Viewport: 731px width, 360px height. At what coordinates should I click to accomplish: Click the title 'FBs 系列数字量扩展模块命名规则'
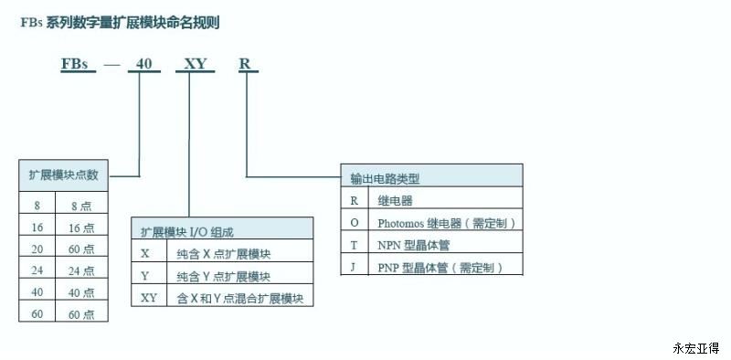pos(120,22)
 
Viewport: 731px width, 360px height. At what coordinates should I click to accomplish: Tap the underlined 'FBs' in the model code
pos(75,64)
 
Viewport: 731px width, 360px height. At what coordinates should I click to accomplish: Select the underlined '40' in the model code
pos(143,64)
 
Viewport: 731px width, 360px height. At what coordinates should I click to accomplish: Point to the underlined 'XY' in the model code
pos(196,64)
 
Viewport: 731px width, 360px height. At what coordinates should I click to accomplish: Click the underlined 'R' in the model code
pos(245,64)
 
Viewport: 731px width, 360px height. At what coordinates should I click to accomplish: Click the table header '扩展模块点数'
pos(63,175)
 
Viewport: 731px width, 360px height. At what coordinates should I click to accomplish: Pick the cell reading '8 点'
pos(81,206)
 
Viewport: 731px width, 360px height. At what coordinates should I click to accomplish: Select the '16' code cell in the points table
pos(37,228)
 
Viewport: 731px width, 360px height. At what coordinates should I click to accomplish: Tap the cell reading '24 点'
pos(81,270)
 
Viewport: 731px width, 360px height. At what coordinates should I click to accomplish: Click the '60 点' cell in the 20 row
pos(81,249)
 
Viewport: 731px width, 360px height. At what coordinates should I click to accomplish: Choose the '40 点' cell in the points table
pos(81,292)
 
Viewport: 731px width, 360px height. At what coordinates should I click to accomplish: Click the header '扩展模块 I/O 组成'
pos(187,232)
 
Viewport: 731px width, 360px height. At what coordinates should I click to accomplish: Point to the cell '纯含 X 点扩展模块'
pos(224,254)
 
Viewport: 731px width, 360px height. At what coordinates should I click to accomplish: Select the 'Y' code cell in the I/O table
pos(145,276)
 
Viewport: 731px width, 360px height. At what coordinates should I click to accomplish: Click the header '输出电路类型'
pos(385,178)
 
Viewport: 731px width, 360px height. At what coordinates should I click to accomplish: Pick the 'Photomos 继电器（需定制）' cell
pos(447,223)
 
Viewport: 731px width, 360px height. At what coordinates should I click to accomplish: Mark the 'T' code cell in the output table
pos(355,245)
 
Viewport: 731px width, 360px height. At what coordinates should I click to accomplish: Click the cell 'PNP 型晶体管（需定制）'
pos(440,268)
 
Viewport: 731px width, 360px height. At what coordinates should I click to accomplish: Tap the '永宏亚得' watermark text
pos(696,348)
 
